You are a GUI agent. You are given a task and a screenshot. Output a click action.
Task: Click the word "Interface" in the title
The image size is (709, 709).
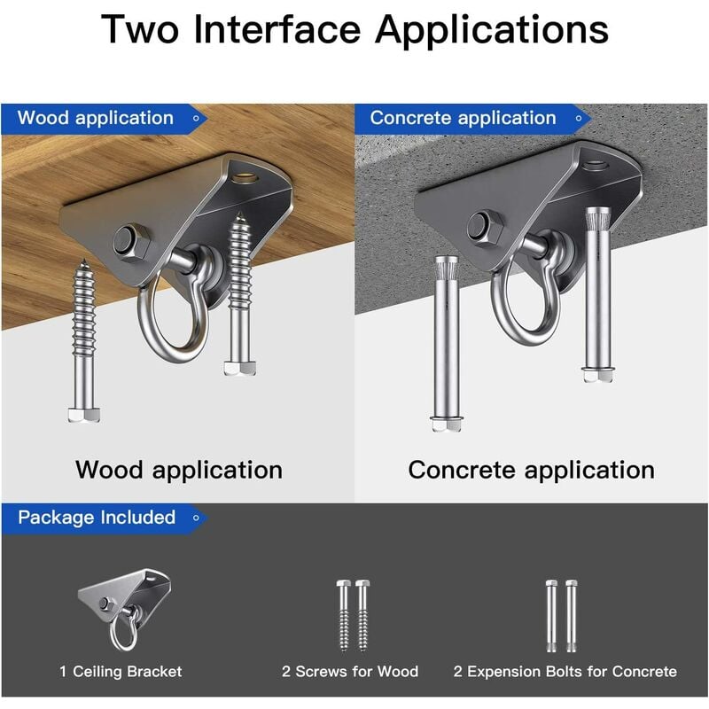point(277,29)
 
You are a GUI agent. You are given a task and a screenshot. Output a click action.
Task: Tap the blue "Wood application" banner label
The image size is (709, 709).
point(96,118)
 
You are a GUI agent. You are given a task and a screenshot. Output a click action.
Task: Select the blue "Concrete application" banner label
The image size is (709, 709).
point(463,118)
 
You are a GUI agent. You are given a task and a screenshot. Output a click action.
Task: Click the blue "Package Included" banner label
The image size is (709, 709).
point(97,518)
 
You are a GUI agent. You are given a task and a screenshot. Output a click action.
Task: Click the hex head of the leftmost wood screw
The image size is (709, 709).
point(84,415)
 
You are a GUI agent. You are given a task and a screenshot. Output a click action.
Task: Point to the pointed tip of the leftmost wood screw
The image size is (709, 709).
point(83,260)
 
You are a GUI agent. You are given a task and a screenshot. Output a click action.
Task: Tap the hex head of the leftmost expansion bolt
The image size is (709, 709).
point(446,424)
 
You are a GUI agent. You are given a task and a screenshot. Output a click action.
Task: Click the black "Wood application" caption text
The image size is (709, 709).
point(179,470)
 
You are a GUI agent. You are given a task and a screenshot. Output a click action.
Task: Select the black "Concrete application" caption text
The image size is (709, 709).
point(531,470)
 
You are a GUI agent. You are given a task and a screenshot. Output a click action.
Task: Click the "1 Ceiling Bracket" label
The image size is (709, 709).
point(121,672)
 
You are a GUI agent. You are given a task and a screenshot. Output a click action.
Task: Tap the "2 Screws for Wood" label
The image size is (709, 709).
point(350,672)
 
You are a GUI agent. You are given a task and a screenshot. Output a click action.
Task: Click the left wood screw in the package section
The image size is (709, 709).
point(344,616)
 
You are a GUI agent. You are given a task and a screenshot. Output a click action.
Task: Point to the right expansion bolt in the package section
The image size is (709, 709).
point(571,616)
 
